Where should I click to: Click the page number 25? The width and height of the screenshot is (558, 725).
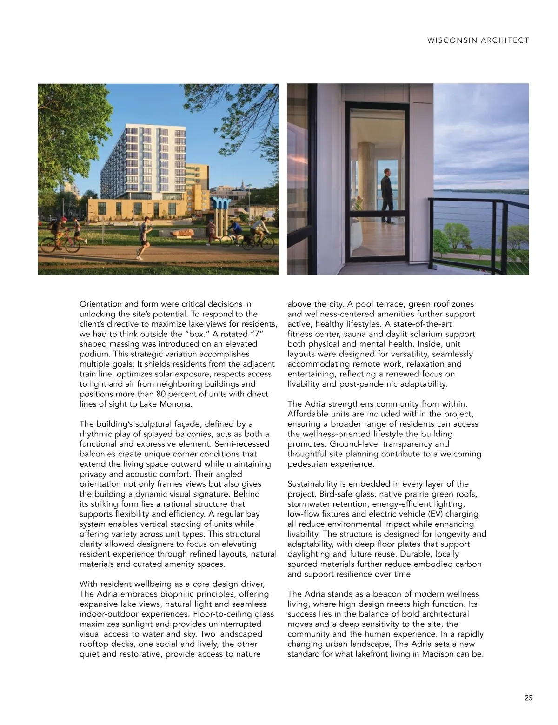[x=529, y=698]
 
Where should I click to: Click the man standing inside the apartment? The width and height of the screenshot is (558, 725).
[x=386, y=196]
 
